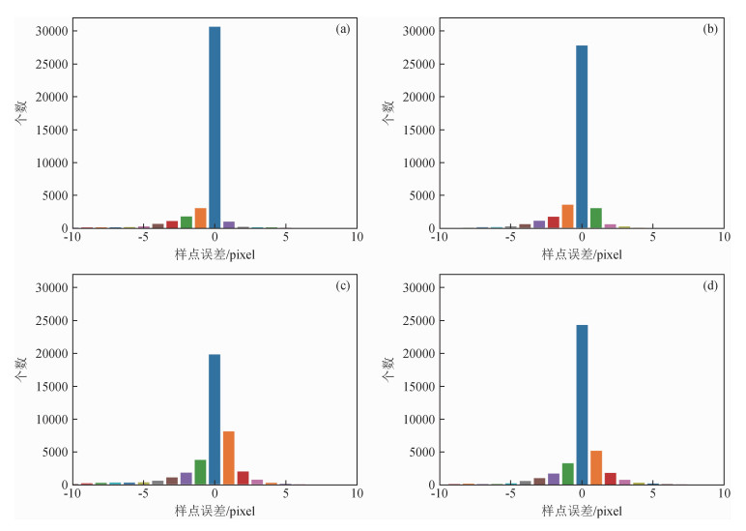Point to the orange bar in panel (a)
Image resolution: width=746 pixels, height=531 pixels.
tap(200, 219)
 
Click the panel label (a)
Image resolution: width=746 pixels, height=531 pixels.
tap(342, 30)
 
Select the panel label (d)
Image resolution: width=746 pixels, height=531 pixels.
tap(709, 286)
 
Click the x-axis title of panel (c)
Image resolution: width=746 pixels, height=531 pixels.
tap(215, 510)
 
